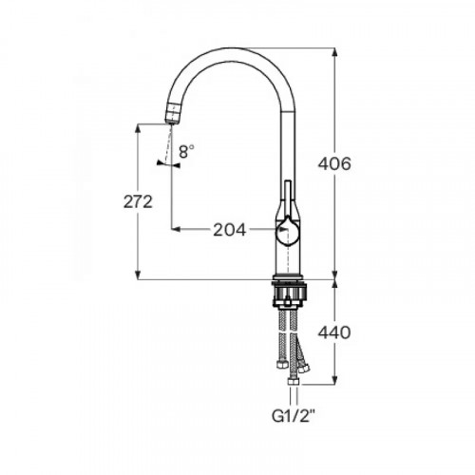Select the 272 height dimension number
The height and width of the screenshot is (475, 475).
[x=139, y=202]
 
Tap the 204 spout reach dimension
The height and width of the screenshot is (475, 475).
[x=229, y=229]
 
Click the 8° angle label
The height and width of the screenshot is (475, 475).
[x=185, y=149]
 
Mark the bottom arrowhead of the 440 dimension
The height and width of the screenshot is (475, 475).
[x=334, y=383]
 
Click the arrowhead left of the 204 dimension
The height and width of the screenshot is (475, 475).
[x=175, y=229]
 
